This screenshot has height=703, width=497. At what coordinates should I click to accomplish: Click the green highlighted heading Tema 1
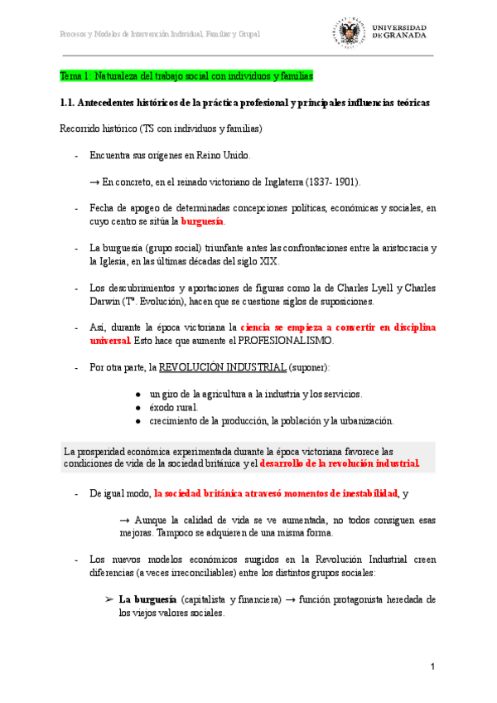click(x=186, y=76)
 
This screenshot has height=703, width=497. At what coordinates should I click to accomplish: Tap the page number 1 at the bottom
click(x=432, y=667)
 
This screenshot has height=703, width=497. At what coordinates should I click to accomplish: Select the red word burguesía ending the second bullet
click(x=202, y=222)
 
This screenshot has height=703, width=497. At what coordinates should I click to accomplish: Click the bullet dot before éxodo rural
click(x=138, y=407)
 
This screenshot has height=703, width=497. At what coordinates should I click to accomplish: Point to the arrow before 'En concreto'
click(x=94, y=182)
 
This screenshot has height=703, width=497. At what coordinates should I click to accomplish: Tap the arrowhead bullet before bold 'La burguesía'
click(x=109, y=599)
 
